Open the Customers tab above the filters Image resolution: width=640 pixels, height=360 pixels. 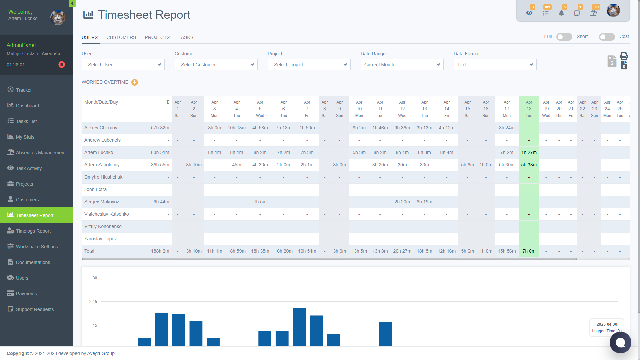pos(121,37)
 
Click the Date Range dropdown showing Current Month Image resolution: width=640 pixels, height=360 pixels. pos(402,65)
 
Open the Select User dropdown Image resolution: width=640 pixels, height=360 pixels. pos(123,65)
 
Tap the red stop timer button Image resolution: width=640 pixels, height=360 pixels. pos(62,65)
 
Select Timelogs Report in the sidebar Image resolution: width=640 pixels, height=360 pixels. pos(33,231)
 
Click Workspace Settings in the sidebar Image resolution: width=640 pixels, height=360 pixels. pos(37,247)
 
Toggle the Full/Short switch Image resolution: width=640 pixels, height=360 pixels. pos(564,37)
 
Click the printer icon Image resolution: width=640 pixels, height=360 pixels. pos(624,56)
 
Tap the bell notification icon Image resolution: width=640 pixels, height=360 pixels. pos(561,13)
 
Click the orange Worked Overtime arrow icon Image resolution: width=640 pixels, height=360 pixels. pos(135,82)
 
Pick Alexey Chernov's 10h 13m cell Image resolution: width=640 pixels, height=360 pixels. pos(237,128)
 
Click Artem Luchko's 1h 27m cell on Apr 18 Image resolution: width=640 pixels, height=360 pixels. pos(529,152)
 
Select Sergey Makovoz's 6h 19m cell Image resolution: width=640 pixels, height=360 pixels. pos(424,202)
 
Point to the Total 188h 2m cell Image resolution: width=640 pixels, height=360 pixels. pos(160,251)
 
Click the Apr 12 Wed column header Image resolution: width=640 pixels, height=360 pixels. pos(402,109)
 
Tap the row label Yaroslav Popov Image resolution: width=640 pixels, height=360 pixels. pos(100,239)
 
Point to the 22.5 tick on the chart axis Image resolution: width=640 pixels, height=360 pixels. pos(93,302)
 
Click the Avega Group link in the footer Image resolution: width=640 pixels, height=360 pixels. pos(101,353)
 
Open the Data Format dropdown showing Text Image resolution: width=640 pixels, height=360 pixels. pos(495,65)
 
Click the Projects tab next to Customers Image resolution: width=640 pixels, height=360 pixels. pos(157,37)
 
